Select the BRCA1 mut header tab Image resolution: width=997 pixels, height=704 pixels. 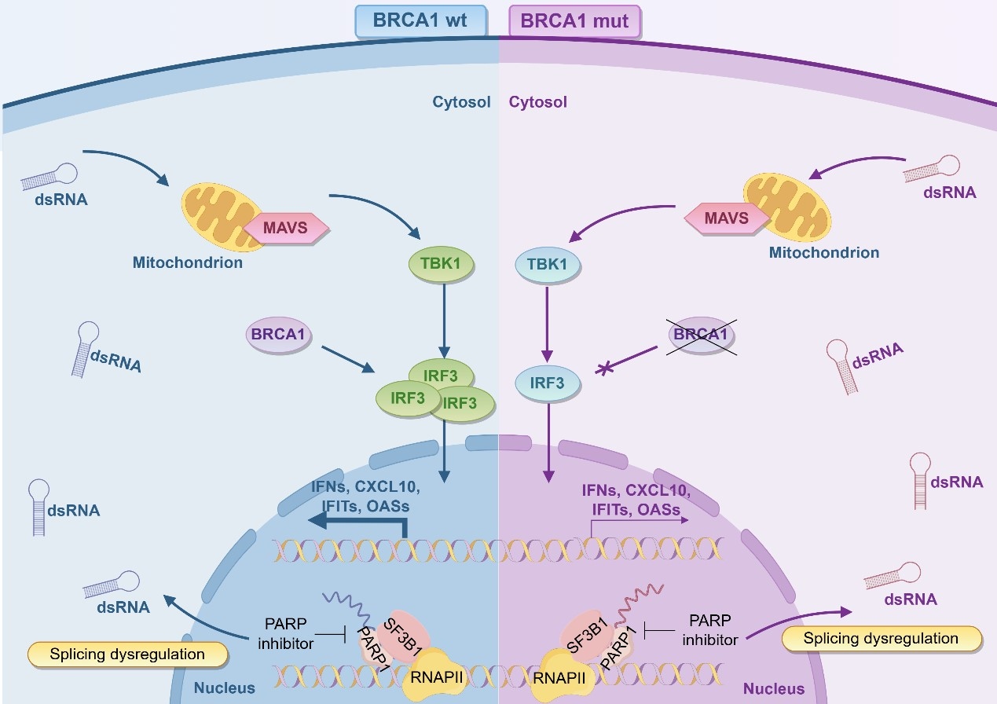pyautogui.click(x=575, y=21)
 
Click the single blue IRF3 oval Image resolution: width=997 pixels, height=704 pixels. pyautogui.click(x=548, y=383)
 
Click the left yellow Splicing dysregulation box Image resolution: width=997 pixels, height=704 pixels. pyautogui.click(x=127, y=654)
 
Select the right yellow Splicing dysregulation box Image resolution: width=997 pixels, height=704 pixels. pyautogui.click(x=882, y=638)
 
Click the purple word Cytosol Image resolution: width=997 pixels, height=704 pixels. pyautogui.click(x=538, y=102)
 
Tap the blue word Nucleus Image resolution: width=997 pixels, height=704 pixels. pyautogui.click(x=225, y=687)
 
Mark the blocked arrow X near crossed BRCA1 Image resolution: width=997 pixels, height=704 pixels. pyautogui.click(x=605, y=367)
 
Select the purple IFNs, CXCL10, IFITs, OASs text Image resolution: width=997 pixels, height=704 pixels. pyautogui.click(x=635, y=500)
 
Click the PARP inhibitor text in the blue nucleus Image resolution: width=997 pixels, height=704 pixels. pyautogui.click(x=286, y=632)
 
